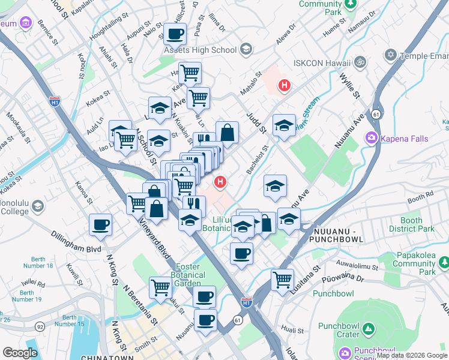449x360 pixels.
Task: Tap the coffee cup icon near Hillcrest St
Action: pos(175,34)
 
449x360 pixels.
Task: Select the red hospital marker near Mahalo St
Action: pos(284,86)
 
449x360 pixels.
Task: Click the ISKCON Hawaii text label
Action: pos(321,62)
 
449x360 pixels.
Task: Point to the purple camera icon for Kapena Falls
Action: pos(372,139)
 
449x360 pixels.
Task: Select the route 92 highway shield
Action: pos(40,326)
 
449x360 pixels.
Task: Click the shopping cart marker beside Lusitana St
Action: pos(282,278)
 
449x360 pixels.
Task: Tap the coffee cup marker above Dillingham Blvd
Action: pos(100,225)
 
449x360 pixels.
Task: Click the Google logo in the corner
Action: pos(20,353)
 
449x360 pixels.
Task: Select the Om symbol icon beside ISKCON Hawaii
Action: pos(361,62)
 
